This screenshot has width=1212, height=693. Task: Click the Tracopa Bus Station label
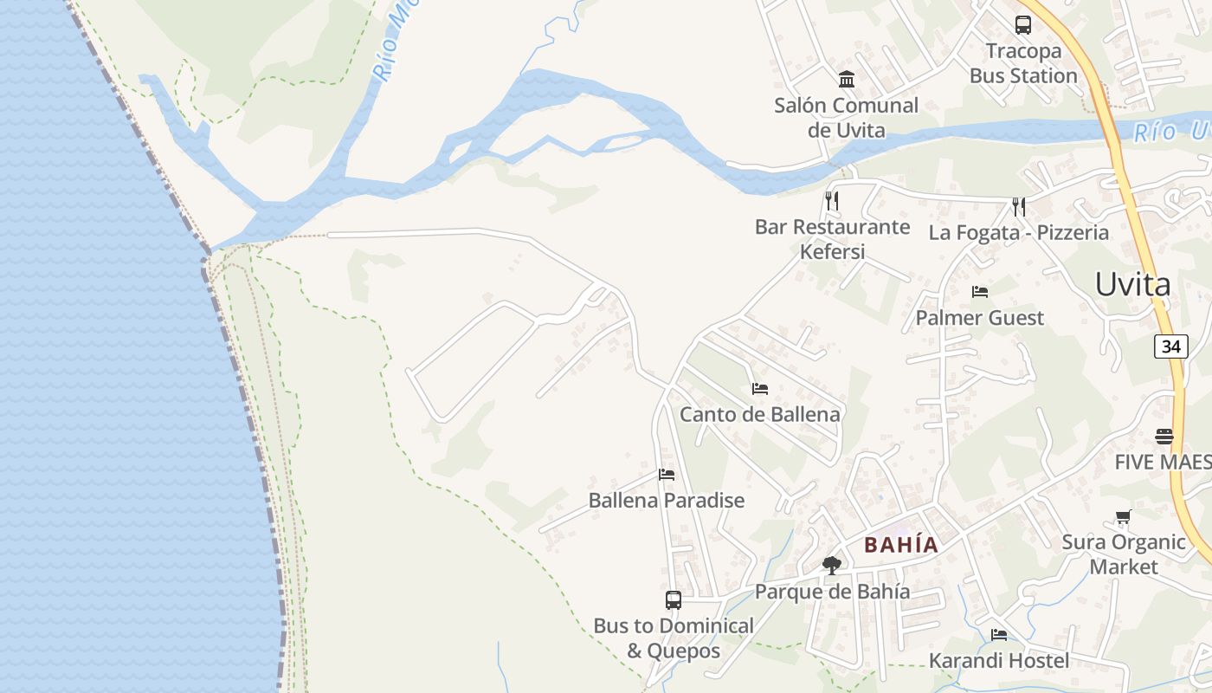pyautogui.click(x=1022, y=63)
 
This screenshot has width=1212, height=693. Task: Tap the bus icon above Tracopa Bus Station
pyautogui.click(x=1022, y=24)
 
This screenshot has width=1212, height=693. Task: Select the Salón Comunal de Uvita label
pyautogui.click(x=846, y=118)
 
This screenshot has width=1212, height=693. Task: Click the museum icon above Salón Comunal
pyautogui.click(x=847, y=80)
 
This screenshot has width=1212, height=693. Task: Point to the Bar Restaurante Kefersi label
pyautogui.click(x=832, y=239)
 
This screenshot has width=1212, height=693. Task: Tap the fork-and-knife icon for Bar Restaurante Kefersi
pyautogui.click(x=832, y=201)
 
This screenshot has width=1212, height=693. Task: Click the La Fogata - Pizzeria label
pyautogui.click(x=1018, y=232)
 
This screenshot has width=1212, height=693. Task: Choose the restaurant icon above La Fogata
pyautogui.click(x=1019, y=206)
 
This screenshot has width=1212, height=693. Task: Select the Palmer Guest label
pyautogui.click(x=980, y=318)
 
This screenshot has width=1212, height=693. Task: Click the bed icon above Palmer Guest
pyautogui.click(x=980, y=291)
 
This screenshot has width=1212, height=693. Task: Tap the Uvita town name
pyautogui.click(x=1132, y=284)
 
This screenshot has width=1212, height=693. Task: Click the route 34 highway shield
pyautogui.click(x=1170, y=346)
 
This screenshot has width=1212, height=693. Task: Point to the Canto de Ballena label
pyautogui.click(x=759, y=414)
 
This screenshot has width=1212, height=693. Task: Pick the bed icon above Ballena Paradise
pyautogui.click(x=666, y=474)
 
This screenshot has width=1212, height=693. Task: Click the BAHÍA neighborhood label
pyautogui.click(x=901, y=545)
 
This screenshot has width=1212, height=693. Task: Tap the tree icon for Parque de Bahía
pyautogui.click(x=832, y=566)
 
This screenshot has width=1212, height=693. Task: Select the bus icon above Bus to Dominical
pyautogui.click(x=673, y=599)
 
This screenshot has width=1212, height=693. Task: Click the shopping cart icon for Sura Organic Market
pyautogui.click(x=1123, y=517)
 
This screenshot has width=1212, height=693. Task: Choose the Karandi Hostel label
pyautogui.click(x=999, y=660)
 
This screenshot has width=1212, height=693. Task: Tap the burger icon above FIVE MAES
pyautogui.click(x=1164, y=436)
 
